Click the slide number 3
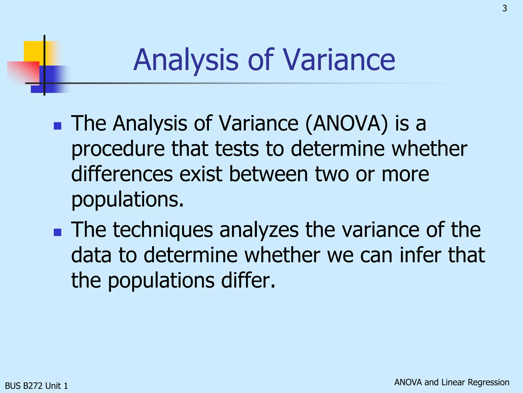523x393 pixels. coord(505,8)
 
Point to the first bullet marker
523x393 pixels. coord(58,126)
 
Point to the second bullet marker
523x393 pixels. coord(58,232)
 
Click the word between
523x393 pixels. coord(268,174)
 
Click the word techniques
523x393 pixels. coord(163,230)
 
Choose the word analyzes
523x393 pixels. coord(259,230)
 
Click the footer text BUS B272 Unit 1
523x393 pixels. coord(37,386)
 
